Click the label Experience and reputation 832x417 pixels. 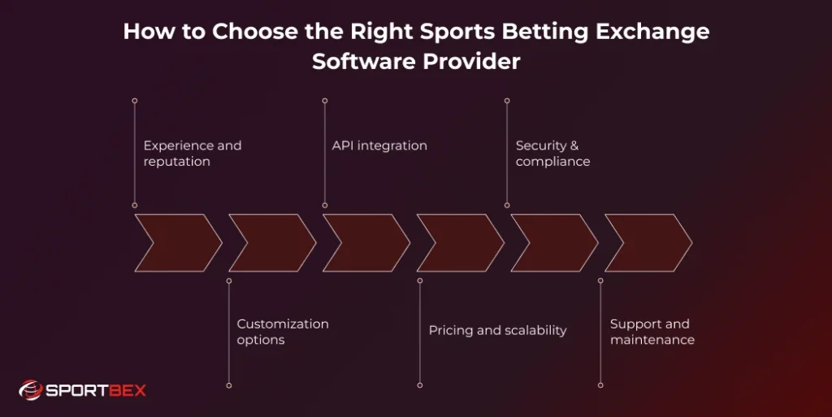tap(193, 154)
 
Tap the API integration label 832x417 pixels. tap(379, 146)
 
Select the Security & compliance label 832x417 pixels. tap(552, 154)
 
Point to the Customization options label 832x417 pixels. tap(283, 332)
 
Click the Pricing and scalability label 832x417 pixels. tap(497, 330)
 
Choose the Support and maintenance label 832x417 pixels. tap(652, 332)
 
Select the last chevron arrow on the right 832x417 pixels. tap(648, 242)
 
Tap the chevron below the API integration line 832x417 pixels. tap(366, 242)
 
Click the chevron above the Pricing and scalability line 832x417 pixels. tap(460, 242)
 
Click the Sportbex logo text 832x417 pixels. tap(95, 390)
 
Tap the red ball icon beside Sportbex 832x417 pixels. tap(30, 390)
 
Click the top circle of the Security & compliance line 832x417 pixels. tap(507, 101)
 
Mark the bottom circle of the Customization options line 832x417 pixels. tap(229, 384)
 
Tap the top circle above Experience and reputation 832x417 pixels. tap(135, 101)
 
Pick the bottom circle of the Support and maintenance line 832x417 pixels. tap(600, 384)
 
